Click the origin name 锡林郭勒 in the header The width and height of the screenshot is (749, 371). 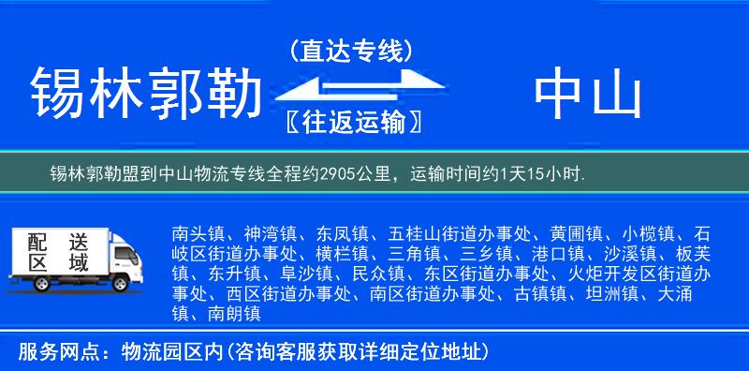[145, 95]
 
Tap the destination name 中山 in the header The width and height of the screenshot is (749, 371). [588, 95]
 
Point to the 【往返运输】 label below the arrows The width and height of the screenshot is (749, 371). [351, 122]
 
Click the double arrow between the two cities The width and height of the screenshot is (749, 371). [351, 86]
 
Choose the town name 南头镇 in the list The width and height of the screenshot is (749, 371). [197, 232]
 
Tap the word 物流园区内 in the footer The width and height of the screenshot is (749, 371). [166, 352]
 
